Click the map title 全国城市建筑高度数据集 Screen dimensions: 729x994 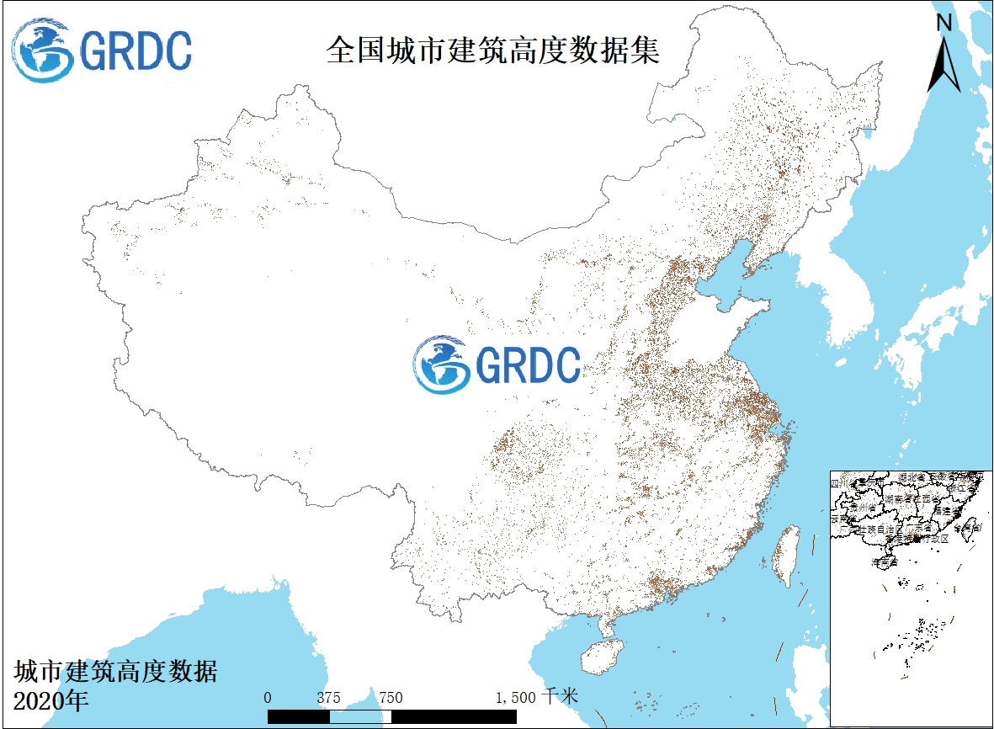click(493, 51)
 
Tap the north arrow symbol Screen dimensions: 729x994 click(944, 63)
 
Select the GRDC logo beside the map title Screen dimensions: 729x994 click(102, 50)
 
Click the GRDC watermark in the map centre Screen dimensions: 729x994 click(497, 364)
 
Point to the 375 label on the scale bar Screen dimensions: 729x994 click(329, 698)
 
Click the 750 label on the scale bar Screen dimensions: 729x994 click(391, 698)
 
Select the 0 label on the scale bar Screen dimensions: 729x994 click(268, 698)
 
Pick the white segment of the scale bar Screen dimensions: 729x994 click(360, 716)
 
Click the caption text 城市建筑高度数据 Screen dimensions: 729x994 click(116, 672)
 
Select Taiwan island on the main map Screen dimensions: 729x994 click(787, 556)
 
